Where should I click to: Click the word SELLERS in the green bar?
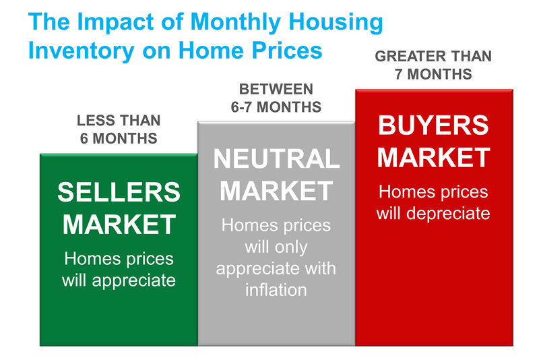coord(119,192)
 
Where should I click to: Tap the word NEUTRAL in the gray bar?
coord(276,158)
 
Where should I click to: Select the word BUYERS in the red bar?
coord(433,125)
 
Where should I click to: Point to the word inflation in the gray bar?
coord(276,290)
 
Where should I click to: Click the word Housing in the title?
coord(336,22)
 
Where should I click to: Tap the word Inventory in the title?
coord(81,51)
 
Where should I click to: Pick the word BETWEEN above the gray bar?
coord(276,90)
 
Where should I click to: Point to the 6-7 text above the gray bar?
coord(242,107)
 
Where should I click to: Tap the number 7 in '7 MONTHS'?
coord(398,74)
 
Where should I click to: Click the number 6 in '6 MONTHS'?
coord(84,139)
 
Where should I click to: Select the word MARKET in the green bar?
coord(119,224)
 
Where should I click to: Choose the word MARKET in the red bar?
coord(433,158)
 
